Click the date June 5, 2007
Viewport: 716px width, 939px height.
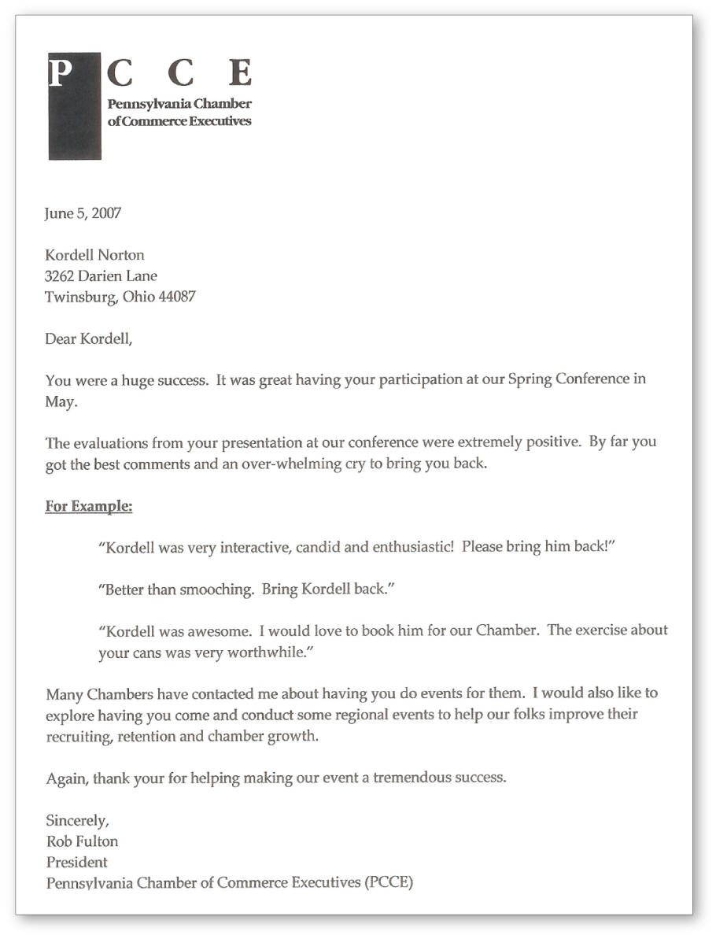[83, 213]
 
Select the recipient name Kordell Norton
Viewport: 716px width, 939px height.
[94, 255]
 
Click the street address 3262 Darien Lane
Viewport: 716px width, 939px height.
[101, 276]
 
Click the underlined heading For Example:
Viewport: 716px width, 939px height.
[88, 506]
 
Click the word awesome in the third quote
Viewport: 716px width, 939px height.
[220, 630]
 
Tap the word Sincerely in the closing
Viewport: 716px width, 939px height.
[77, 820]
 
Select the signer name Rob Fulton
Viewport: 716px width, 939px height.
[82, 841]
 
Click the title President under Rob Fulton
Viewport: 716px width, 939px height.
[76, 862]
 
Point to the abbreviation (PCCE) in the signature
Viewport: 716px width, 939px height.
[389, 882]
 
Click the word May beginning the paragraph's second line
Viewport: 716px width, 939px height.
[59, 400]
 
